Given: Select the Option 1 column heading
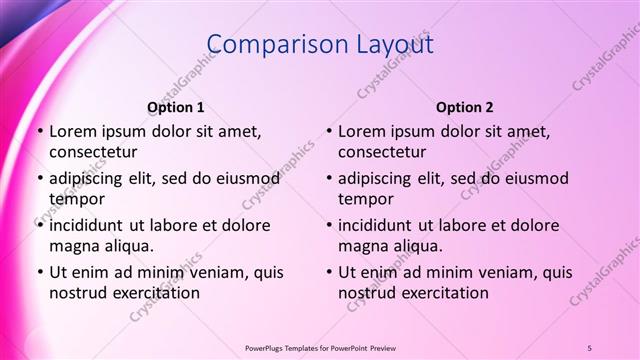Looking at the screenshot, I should tap(176, 107).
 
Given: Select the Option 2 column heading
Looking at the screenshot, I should tap(465, 107).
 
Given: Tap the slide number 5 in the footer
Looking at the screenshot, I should tap(589, 347).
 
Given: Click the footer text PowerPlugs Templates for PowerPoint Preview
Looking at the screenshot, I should tap(320, 347).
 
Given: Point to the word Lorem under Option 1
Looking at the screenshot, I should tap(72, 131).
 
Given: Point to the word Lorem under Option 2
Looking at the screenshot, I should tap(361, 131).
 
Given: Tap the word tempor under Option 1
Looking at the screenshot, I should tap(74, 199).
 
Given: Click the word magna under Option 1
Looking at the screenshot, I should tap(73, 245).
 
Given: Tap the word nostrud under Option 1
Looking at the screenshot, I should tap(76, 293).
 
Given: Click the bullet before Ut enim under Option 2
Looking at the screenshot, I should tap(330, 272).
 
